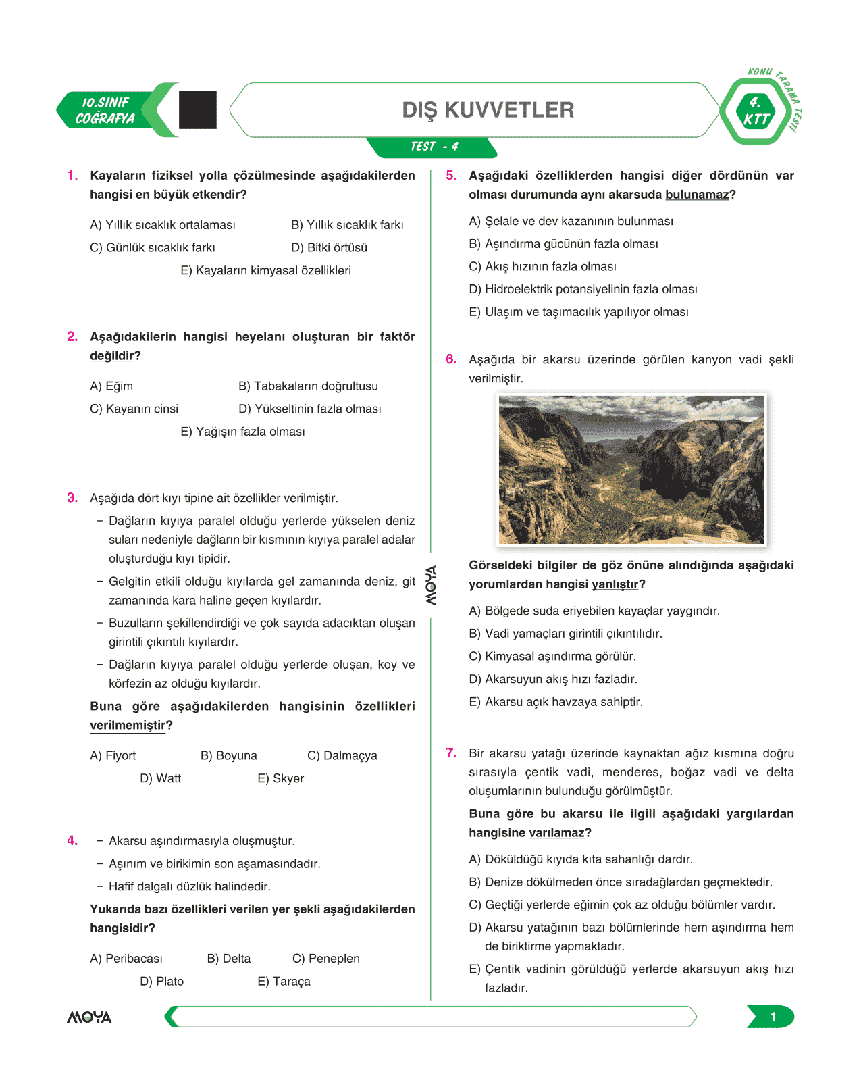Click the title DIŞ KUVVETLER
[x=488, y=110]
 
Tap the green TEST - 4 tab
[x=434, y=147]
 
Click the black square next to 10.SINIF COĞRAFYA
[x=197, y=110]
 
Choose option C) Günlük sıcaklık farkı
[x=153, y=248]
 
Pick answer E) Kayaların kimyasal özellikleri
[x=265, y=271]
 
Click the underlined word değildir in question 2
[x=111, y=356]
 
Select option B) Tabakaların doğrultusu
[x=308, y=386]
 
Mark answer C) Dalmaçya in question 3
[x=342, y=756]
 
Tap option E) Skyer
[x=280, y=779]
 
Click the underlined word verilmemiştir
[x=128, y=726]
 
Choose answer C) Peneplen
[x=325, y=959]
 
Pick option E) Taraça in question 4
[x=284, y=982]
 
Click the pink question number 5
[x=451, y=176]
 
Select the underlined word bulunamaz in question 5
[x=697, y=195]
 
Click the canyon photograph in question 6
[x=631, y=470]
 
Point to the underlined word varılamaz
[x=556, y=833]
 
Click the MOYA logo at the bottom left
[x=89, y=1017]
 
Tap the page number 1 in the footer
[x=773, y=1017]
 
